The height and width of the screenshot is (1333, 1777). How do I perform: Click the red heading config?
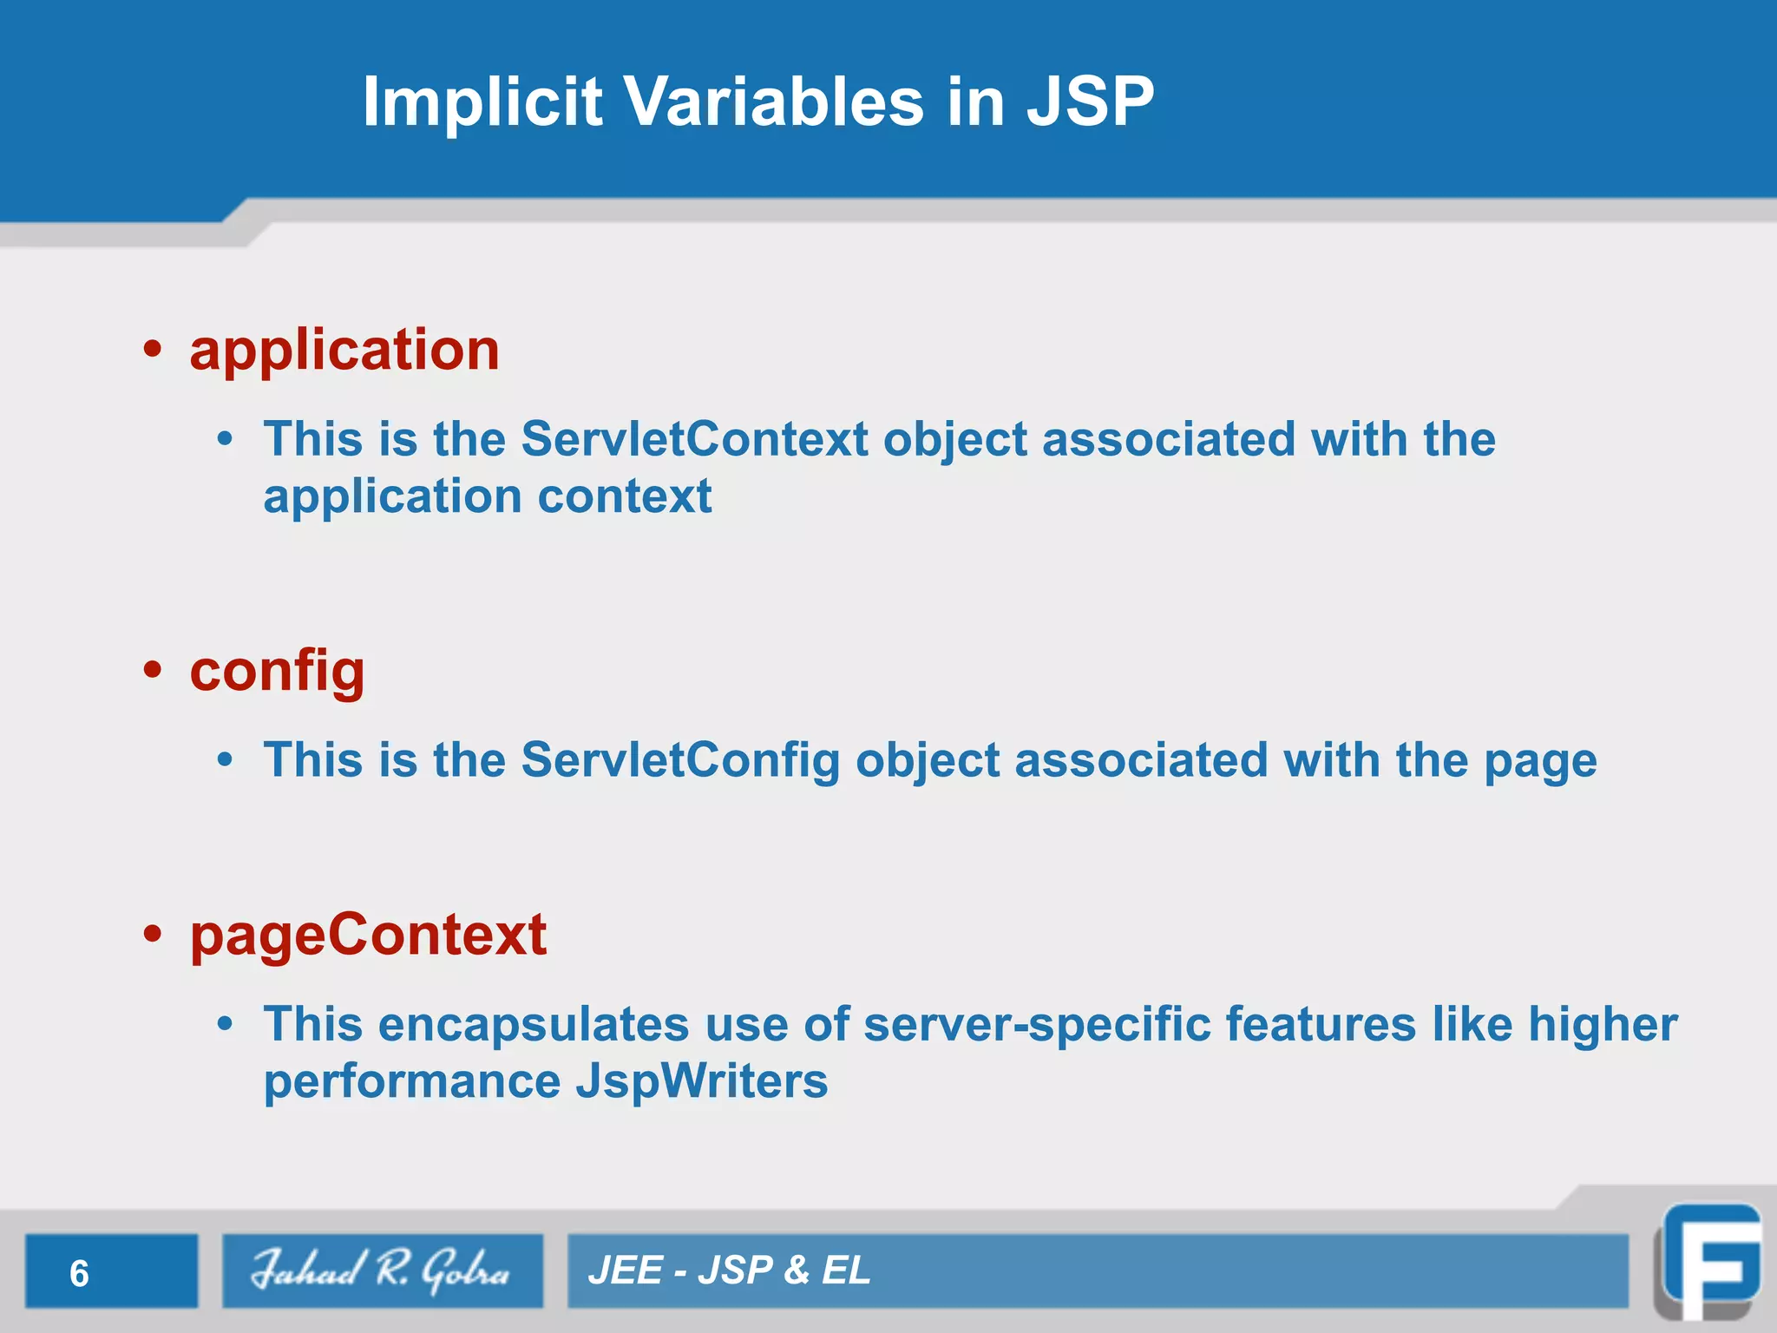pyautogui.click(x=277, y=672)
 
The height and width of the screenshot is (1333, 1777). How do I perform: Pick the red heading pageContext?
pyautogui.click(x=368, y=936)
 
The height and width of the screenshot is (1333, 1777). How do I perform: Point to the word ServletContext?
pyautogui.click(x=694, y=439)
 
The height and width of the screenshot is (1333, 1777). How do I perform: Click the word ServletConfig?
pyautogui.click(x=680, y=761)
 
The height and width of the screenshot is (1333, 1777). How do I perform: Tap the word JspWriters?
pyautogui.click(x=701, y=1082)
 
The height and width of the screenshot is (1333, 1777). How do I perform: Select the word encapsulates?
pyautogui.click(x=534, y=1025)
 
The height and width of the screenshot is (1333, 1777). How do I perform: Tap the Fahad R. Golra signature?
pyautogui.click(x=381, y=1271)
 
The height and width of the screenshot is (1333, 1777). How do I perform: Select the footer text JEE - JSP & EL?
pyautogui.click(x=729, y=1271)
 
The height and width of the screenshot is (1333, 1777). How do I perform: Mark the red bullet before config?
pyautogui.click(x=154, y=670)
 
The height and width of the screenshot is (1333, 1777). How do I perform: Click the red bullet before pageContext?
pyautogui.click(x=154, y=934)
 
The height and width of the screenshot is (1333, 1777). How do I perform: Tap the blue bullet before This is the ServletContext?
pyautogui.click(x=226, y=440)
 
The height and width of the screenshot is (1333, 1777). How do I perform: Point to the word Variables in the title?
pyautogui.click(x=774, y=102)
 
